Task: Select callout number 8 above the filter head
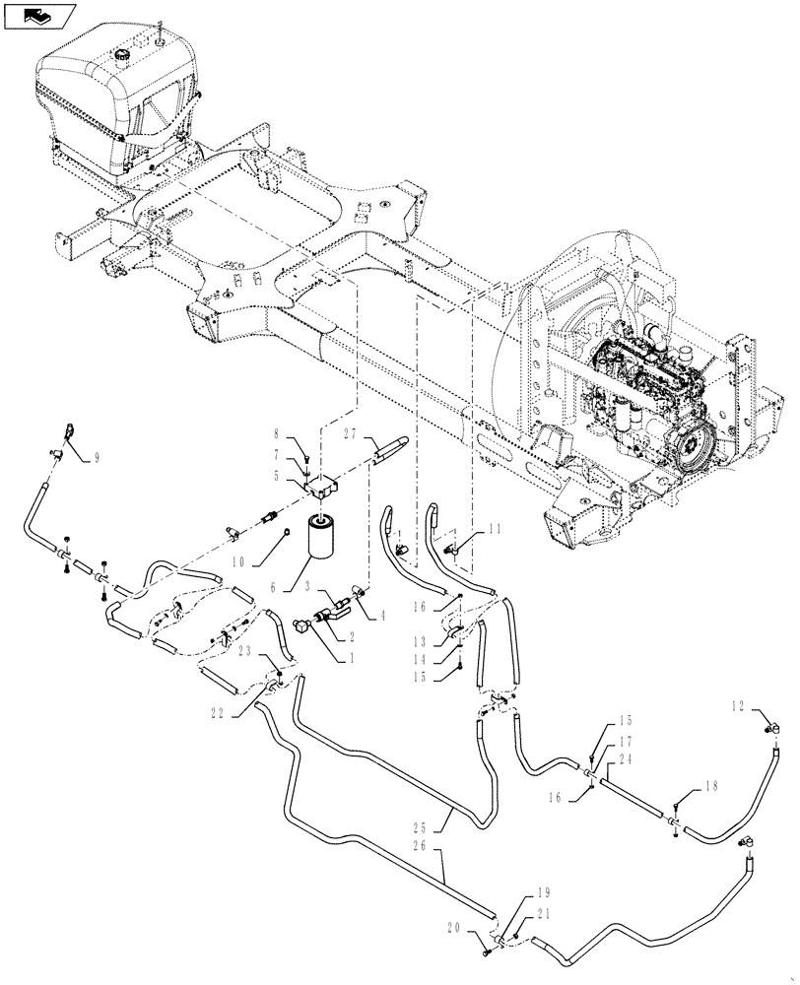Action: pyautogui.click(x=277, y=432)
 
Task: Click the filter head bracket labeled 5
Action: pyautogui.click(x=321, y=485)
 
